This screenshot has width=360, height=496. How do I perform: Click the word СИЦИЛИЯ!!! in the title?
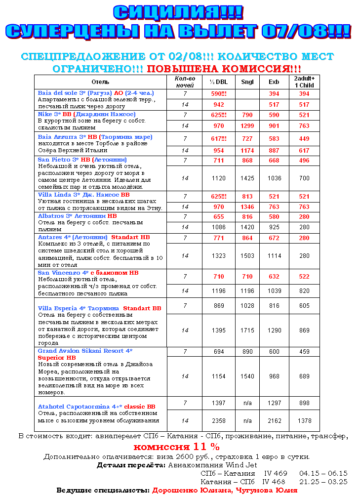click(178, 12)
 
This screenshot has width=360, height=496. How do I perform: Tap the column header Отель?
click(100, 82)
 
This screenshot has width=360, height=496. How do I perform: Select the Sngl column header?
click(247, 82)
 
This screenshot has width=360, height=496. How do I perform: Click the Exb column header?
click(274, 82)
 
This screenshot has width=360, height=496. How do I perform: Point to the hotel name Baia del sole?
click(56, 93)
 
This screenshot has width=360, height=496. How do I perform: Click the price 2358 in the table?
click(218, 421)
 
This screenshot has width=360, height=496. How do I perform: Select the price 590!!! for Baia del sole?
click(218, 93)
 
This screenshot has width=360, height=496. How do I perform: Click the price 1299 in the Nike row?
click(247, 126)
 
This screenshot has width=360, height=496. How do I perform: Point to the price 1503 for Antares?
click(247, 256)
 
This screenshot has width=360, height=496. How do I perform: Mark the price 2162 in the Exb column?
click(274, 421)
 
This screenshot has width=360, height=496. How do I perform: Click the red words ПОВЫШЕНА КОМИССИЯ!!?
click(224, 69)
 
